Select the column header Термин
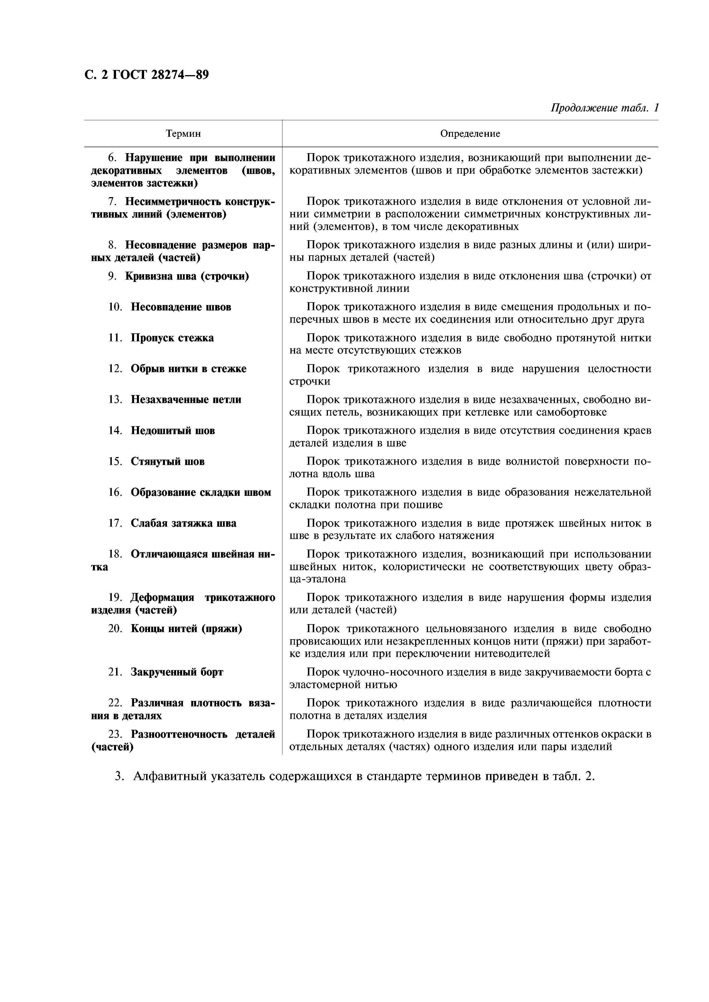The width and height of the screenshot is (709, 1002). coord(183,134)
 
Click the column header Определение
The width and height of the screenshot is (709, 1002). coord(470,134)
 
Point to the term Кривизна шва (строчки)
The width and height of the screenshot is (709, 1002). coord(187,276)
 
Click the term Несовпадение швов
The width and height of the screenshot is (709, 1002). coord(181,307)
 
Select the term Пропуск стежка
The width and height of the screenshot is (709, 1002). coord(172,338)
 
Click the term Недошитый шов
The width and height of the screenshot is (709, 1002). coord(173,431)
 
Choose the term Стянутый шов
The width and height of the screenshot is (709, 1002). coord(167,462)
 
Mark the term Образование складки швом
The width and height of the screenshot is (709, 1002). coord(201,493)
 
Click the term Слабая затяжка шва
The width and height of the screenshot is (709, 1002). coord(184,523)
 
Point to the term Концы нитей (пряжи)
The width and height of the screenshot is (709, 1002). coord(186,629)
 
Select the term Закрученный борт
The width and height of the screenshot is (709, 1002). coord(177,672)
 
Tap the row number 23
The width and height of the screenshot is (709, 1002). coord(115,734)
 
